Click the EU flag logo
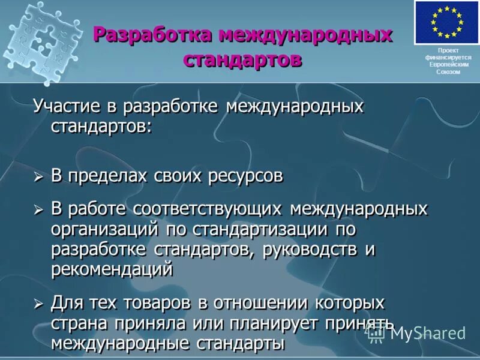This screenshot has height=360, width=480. (447, 22)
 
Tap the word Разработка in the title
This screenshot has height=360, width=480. (152, 35)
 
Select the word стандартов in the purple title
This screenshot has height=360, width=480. (242, 59)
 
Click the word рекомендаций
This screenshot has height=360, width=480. (112, 269)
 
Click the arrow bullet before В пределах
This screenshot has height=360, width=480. (38, 177)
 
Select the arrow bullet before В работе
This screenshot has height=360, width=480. (38, 209)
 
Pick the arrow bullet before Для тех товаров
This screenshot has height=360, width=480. (38, 303)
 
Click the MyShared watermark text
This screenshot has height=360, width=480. (427, 333)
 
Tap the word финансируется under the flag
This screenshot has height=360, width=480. (448, 58)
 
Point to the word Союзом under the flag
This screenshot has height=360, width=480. (448, 72)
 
